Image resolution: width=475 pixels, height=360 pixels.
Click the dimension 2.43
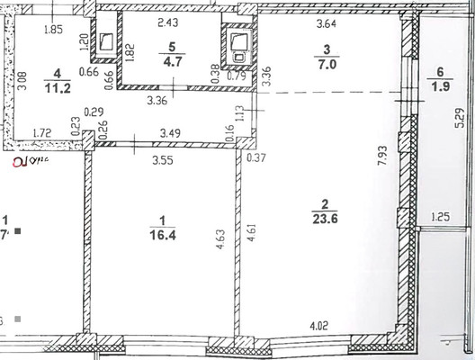click(x=168, y=22)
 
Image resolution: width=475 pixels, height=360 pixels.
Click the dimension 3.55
click(x=162, y=163)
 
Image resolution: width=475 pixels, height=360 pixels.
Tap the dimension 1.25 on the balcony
click(x=440, y=216)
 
